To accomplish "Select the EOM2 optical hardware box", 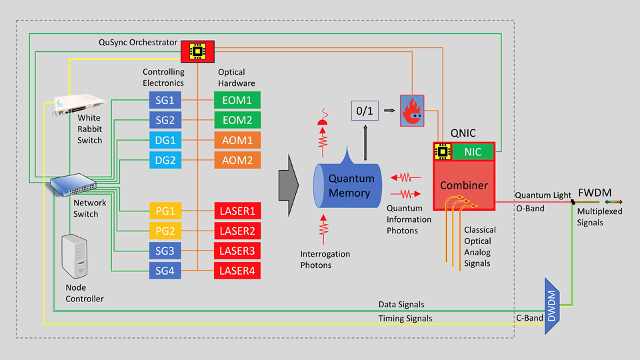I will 237,121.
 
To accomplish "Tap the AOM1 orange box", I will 237,141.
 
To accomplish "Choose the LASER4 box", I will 237,271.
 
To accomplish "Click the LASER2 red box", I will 237,231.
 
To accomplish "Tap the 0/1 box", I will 364,110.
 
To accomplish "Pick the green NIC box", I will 473,152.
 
